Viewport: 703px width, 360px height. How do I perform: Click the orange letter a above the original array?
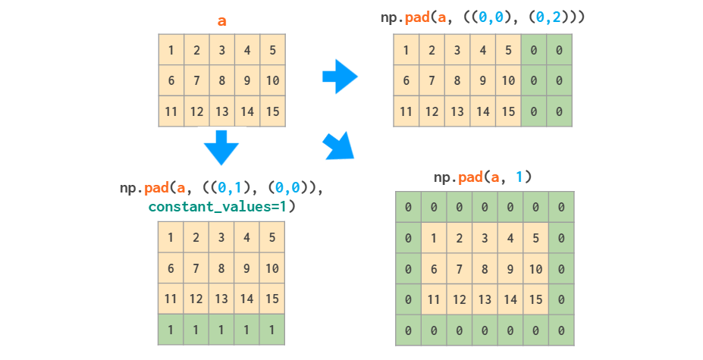point(221,20)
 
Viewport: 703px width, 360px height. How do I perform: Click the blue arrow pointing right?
point(339,77)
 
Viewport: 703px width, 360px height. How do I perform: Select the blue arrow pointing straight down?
point(221,147)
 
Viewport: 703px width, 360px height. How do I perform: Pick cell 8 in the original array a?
point(221,80)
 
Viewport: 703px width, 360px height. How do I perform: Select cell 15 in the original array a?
point(272,111)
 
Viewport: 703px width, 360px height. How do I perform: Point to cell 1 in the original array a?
point(171,50)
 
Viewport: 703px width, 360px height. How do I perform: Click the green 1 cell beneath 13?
point(221,330)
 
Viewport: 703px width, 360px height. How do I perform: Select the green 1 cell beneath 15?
point(272,330)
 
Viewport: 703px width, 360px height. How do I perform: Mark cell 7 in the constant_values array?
point(196,268)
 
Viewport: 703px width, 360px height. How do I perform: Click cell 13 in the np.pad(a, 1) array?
point(485,299)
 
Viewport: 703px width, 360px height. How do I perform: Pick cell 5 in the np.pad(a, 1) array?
point(535,238)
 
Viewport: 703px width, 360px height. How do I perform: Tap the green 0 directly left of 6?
point(408,269)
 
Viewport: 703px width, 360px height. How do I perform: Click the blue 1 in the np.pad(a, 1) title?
point(519,177)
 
